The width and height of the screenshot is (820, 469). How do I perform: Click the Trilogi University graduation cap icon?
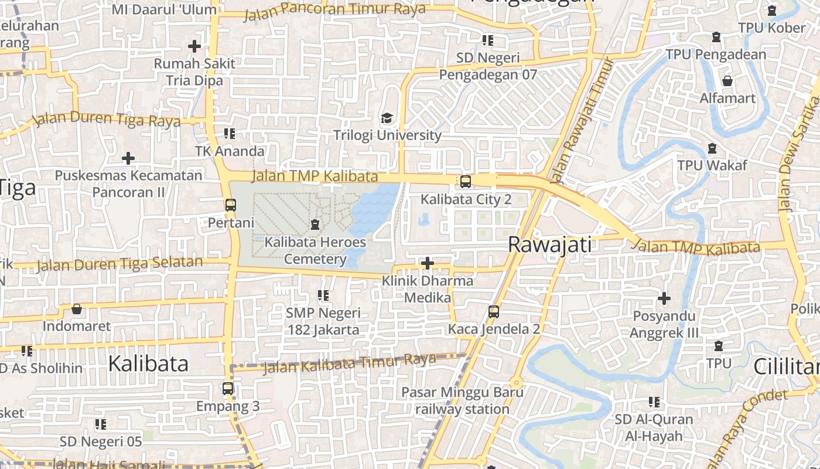click(386, 119)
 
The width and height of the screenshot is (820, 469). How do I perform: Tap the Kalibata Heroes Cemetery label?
click(315, 250)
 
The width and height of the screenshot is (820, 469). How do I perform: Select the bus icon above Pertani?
click(231, 205)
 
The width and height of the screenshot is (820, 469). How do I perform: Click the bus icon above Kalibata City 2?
click(466, 182)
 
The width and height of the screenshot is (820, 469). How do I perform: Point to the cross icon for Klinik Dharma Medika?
click(428, 263)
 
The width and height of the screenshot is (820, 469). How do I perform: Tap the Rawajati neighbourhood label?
click(549, 244)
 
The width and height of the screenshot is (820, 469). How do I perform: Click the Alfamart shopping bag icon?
click(727, 80)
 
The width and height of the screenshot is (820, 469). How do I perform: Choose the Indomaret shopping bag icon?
click(77, 309)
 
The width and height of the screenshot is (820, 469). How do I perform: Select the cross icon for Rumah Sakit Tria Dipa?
click(194, 46)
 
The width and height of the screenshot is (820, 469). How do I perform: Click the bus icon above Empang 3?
click(228, 388)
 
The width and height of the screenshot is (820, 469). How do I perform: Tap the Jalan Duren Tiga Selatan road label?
click(119, 264)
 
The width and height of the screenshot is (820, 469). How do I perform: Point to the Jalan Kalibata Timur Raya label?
click(350, 363)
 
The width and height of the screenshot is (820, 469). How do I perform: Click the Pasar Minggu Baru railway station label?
click(462, 400)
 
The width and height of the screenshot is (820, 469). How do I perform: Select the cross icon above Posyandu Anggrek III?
click(664, 298)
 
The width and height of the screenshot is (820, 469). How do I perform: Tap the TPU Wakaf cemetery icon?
click(712, 148)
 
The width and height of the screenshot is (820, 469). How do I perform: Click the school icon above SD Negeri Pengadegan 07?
click(487, 40)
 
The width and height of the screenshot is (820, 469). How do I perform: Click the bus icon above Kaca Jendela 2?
click(494, 312)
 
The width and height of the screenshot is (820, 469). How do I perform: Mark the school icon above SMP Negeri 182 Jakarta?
click(323, 295)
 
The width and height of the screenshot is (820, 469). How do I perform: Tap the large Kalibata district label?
click(148, 363)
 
